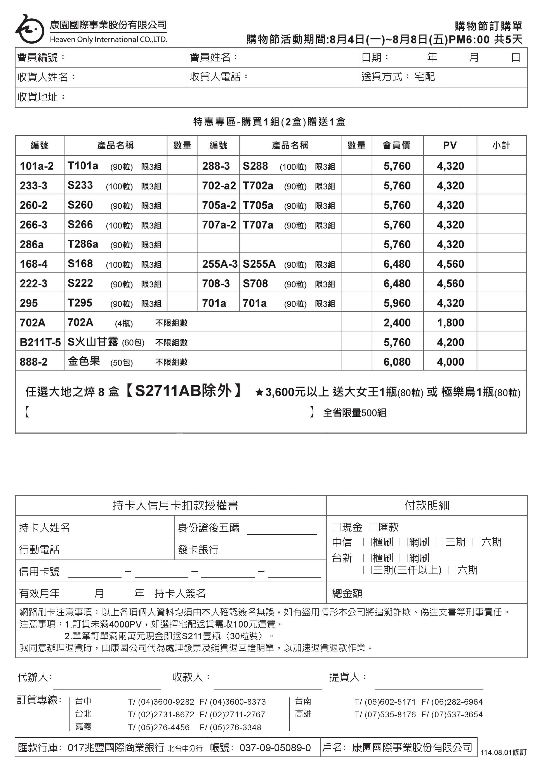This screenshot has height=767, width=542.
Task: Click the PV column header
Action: click(x=450, y=145)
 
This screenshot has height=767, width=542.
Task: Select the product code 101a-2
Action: click(x=36, y=166)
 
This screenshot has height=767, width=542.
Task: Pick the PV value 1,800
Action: click(x=450, y=323)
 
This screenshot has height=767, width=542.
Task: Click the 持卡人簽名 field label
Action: click(x=180, y=593)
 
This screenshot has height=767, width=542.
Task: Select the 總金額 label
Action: click(x=347, y=593)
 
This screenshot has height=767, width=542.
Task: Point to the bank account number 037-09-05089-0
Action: click(x=275, y=748)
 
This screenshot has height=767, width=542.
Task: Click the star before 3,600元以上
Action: click(x=259, y=392)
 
